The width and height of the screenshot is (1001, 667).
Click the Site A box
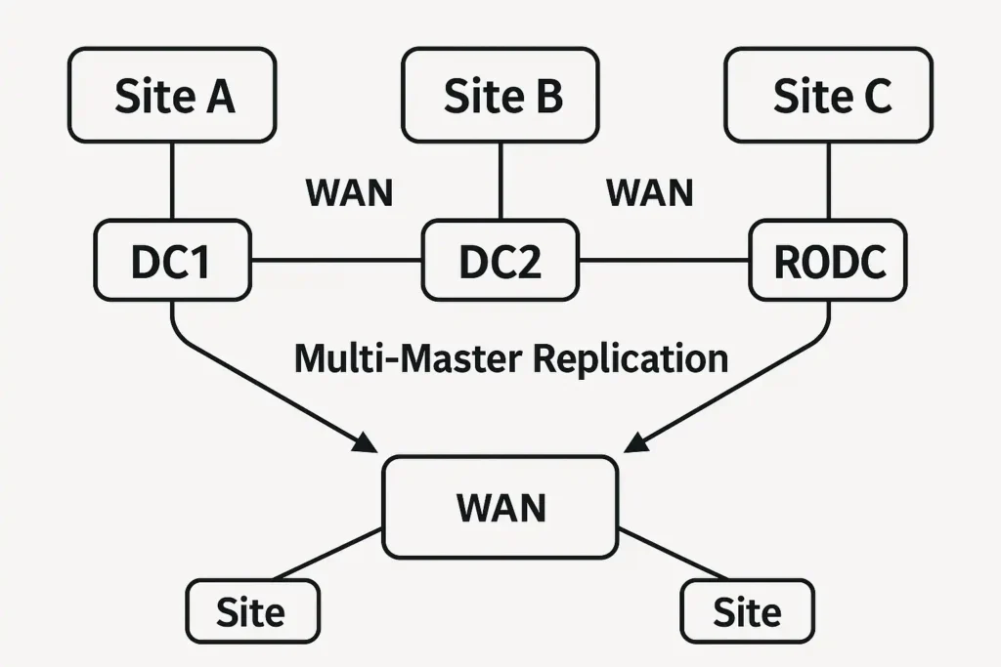click(x=173, y=96)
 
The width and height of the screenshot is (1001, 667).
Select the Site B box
click(x=501, y=96)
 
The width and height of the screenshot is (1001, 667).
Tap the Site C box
click(x=828, y=96)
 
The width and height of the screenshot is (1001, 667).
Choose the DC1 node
click(x=172, y=261)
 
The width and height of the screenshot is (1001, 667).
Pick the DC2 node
click(x=500, y=261)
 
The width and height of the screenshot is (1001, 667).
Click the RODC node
click(x=829, y=261)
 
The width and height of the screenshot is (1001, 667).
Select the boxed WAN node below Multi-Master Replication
click(x=500, y=507)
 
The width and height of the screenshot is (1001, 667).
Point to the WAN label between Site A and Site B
click(x=349, y=192)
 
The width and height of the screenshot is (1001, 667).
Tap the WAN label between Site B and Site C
click(x=649, y=192)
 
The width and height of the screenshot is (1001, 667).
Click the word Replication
click(x=631, y=358)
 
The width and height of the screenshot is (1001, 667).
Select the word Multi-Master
click(x=411, y=358)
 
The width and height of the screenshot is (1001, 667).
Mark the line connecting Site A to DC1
click(x=172, y=182)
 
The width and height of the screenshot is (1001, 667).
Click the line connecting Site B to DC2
click(x=500, y=182)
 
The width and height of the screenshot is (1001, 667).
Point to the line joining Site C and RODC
click(x=829, y=182)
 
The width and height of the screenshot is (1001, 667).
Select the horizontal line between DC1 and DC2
click(x=336, y=261)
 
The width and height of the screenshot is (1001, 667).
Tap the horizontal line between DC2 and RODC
click(x=664, y=261)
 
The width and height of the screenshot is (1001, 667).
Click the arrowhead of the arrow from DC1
click(x=365, y=444)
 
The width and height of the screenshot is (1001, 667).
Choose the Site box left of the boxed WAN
click(x=252, y=611)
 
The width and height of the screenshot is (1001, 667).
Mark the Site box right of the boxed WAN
click(x=747, y=611)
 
